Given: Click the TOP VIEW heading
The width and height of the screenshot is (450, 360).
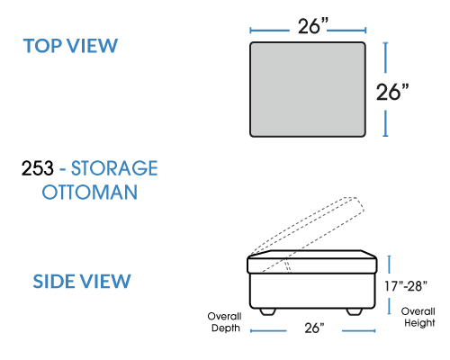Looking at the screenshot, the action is pyautogui.click(x=70, y=46).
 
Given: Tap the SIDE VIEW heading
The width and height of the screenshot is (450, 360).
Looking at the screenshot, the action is pyautogui.click(x=82, y=282).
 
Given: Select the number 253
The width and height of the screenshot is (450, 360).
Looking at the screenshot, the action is pyautogui.click(x=38, y=168).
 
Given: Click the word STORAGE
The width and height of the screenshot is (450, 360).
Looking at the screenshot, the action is pyautogui.click(x=114, y=168).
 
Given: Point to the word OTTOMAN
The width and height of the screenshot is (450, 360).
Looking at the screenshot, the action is pyautogui.click(x=90, y=193).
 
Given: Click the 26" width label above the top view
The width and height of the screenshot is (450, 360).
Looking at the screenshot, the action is pyautogui.click(x=313, y=26).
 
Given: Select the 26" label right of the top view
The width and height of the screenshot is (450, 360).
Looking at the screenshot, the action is pyautogui.click(x=392, y=92).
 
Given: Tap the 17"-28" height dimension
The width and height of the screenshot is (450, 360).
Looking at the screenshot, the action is pyautogui.click(x=406, y=286).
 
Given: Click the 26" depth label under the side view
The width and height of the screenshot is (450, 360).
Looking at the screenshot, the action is pyautogui.click(x=314, y=328).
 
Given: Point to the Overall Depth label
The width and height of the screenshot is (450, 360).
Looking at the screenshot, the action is pyautogui.click(x=225, y=322).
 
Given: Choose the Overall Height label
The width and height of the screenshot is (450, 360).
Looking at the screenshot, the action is pyautogui.click(x=418, y=317).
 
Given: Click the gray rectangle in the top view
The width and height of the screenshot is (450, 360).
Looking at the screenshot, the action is pyautogui.click(x=308, y=89).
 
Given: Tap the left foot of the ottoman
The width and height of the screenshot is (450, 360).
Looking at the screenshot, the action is pyautogui.click(x=267, y=311).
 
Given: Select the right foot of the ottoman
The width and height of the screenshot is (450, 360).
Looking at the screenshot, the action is pyautogui.click(x=355, y=311).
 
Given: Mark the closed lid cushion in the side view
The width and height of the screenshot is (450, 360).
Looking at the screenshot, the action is pyautogui.click(x=312, y=262).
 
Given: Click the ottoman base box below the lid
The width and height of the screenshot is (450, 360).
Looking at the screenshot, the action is pyautogui.click(x=312, y=291).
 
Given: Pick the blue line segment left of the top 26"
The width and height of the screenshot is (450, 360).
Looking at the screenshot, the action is pyautogui.click(x=270, y=31).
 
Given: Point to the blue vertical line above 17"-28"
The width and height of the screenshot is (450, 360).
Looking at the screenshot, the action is pyautogui.click(x=389, y=265).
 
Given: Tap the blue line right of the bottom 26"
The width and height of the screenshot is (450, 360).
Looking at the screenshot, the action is pyautogui.click(x=358, y=331).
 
